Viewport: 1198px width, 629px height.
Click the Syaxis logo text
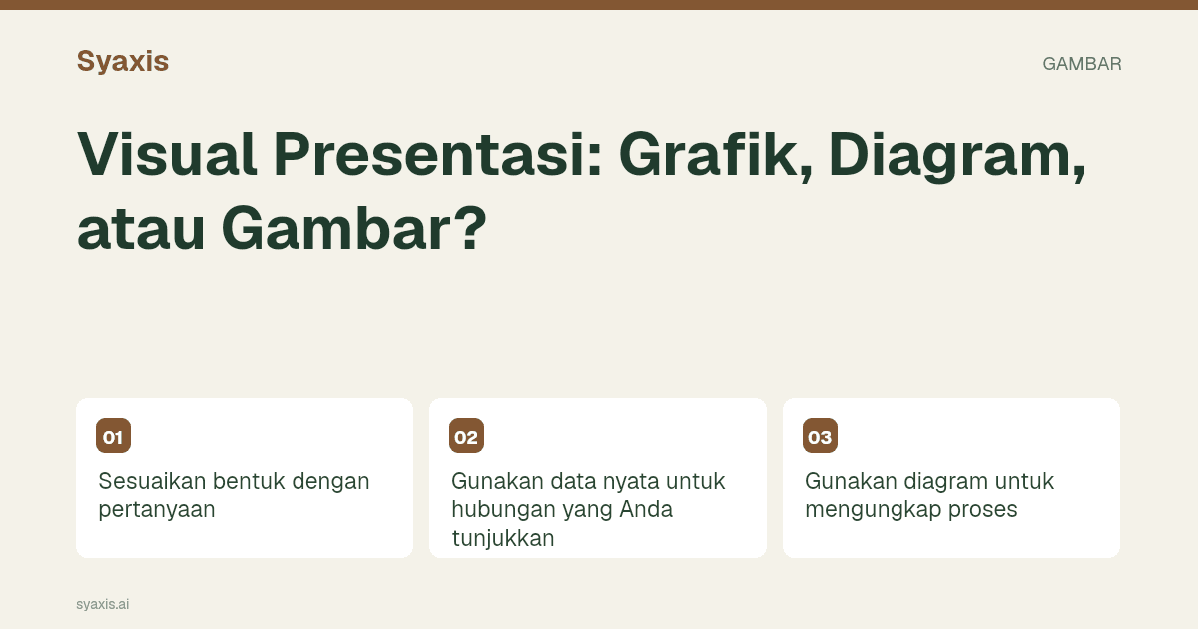point(123,62)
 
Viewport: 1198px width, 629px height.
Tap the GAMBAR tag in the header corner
point(1082,64)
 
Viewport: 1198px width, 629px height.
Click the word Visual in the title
point(167,154)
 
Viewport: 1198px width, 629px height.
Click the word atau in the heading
point(141,229)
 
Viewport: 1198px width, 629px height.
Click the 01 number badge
point(114,436)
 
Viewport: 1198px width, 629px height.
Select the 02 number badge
point(466,436)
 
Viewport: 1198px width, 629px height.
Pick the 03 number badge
point(820,436)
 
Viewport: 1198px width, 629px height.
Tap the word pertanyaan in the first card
point(157,511)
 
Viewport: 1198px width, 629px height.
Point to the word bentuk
point(249,481)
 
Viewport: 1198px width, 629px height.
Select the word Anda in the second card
point(646,509)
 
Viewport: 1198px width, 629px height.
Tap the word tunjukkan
point(503,538)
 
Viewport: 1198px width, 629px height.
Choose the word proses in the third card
point(983,511)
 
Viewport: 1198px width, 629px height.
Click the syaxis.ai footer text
point(102,604)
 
